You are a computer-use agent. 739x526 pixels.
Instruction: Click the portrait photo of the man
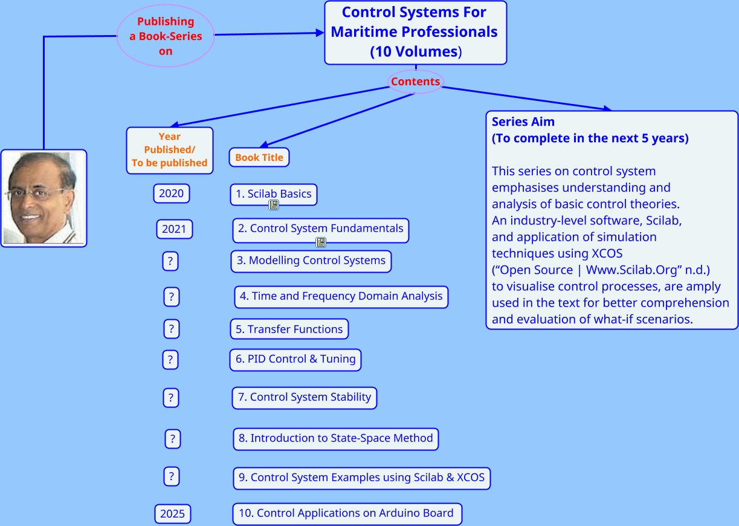pyautogui.click(x=44, y=198)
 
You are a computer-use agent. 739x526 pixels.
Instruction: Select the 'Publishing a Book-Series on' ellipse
pyautogui.click(x=166, y=36)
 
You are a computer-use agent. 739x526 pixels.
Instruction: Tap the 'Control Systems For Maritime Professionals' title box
pyautogui.click(x=415, y=32)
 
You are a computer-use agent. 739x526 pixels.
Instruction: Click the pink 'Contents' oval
pyautogui.click(x=415, y=82)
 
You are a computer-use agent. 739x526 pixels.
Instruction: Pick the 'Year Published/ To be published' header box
pyautogui.click(x=170, y=150)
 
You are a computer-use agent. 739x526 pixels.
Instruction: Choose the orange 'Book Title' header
pyautogui.click(x=259, y=157)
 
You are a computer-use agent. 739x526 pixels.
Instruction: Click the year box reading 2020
pyautogui.click(x=171, y=194)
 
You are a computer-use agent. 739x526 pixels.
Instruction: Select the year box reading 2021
pyautogui.click(x=174, y=230)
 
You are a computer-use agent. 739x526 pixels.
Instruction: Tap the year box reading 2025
pyautogui.click(x=172, y=514)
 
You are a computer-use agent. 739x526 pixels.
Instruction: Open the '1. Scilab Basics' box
pyautogui.click(x=273, y=193)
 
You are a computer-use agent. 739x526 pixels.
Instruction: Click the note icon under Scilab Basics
pyautogui.click(x=274, y=206)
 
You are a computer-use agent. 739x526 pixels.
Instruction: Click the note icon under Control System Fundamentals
pyautogui.click(x=321, y=242)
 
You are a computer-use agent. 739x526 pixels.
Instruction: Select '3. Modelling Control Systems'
pyautogui.click(x=311, y=261)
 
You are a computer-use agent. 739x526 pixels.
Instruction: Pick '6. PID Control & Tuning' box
pyautogui.click(x=295, y=359)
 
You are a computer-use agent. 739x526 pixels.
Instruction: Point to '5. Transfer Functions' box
pyautogui.click(x=289, y=330)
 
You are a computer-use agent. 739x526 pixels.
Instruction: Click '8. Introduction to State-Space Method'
pyautogui.click(x=335, y=438)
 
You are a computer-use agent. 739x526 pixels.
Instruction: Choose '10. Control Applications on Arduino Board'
pyautogui.click(x=346, y=513)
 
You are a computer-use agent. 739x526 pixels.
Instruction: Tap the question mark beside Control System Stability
pyautogui.click(x=171, y=398)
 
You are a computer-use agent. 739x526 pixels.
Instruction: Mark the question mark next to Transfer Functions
pyautogui.click(x=171, y=329)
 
